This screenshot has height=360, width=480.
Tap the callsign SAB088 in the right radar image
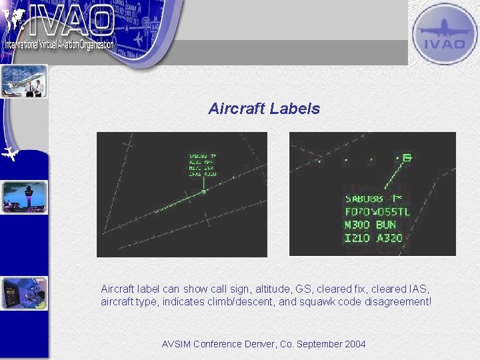coord(364,198)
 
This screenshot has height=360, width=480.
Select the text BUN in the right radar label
coord(385,225)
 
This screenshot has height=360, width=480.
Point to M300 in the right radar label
coord(357,225)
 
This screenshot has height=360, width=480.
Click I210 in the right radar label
coord(357,237)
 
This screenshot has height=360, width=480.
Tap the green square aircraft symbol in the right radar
coord(407,157)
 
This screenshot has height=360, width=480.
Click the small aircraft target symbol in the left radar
coord(204,191)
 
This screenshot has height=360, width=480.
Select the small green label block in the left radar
coord(203,165)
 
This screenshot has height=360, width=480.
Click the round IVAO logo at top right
coord(443,34)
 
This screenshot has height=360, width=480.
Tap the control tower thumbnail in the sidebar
coord(25,197)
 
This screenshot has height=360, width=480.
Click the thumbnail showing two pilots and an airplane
coord(24,81)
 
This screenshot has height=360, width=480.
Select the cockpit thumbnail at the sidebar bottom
coord(24,294)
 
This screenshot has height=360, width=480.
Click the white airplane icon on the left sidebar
coord(10,154)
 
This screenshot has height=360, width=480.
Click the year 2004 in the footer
coord(355,344)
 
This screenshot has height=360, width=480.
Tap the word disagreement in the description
coord(398,302)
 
